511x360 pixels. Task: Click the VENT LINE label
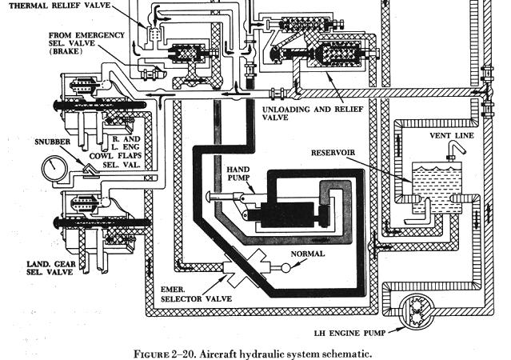[x=453, y=136]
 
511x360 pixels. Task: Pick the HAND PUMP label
[x=239, y=175]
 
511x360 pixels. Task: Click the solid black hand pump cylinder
[x=281, y=214]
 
